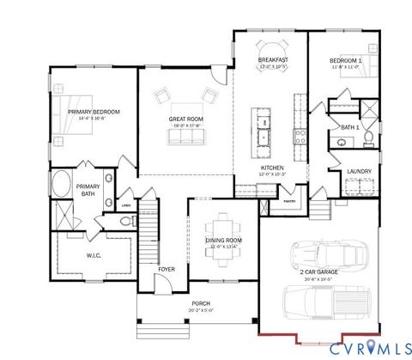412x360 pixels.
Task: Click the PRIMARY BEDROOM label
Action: (94, 112)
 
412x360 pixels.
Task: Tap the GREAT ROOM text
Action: (185, 119)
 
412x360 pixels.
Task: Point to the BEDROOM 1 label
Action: (346, 61)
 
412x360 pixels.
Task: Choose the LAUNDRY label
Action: (359, 171)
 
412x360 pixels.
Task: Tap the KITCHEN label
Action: (272, 168)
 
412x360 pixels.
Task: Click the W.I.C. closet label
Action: (94, 254)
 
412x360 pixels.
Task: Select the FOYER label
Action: (167, 269)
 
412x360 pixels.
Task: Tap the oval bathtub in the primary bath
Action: (61, 183)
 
